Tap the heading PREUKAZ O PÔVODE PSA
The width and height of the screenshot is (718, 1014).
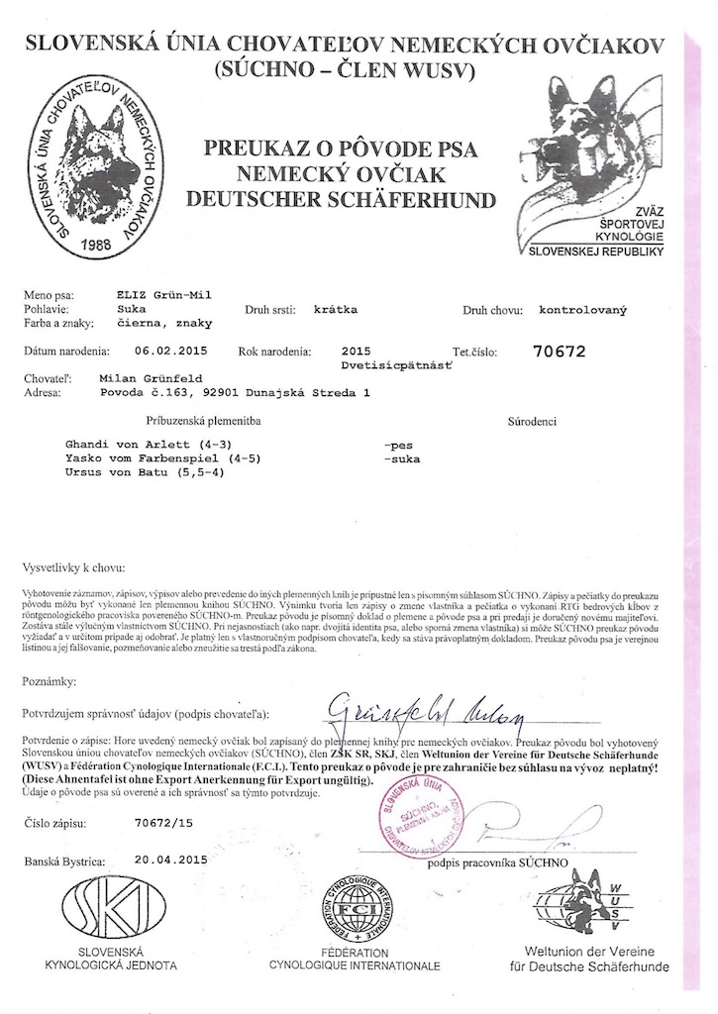click(341, 150)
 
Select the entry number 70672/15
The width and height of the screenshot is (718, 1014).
click(161, 823)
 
